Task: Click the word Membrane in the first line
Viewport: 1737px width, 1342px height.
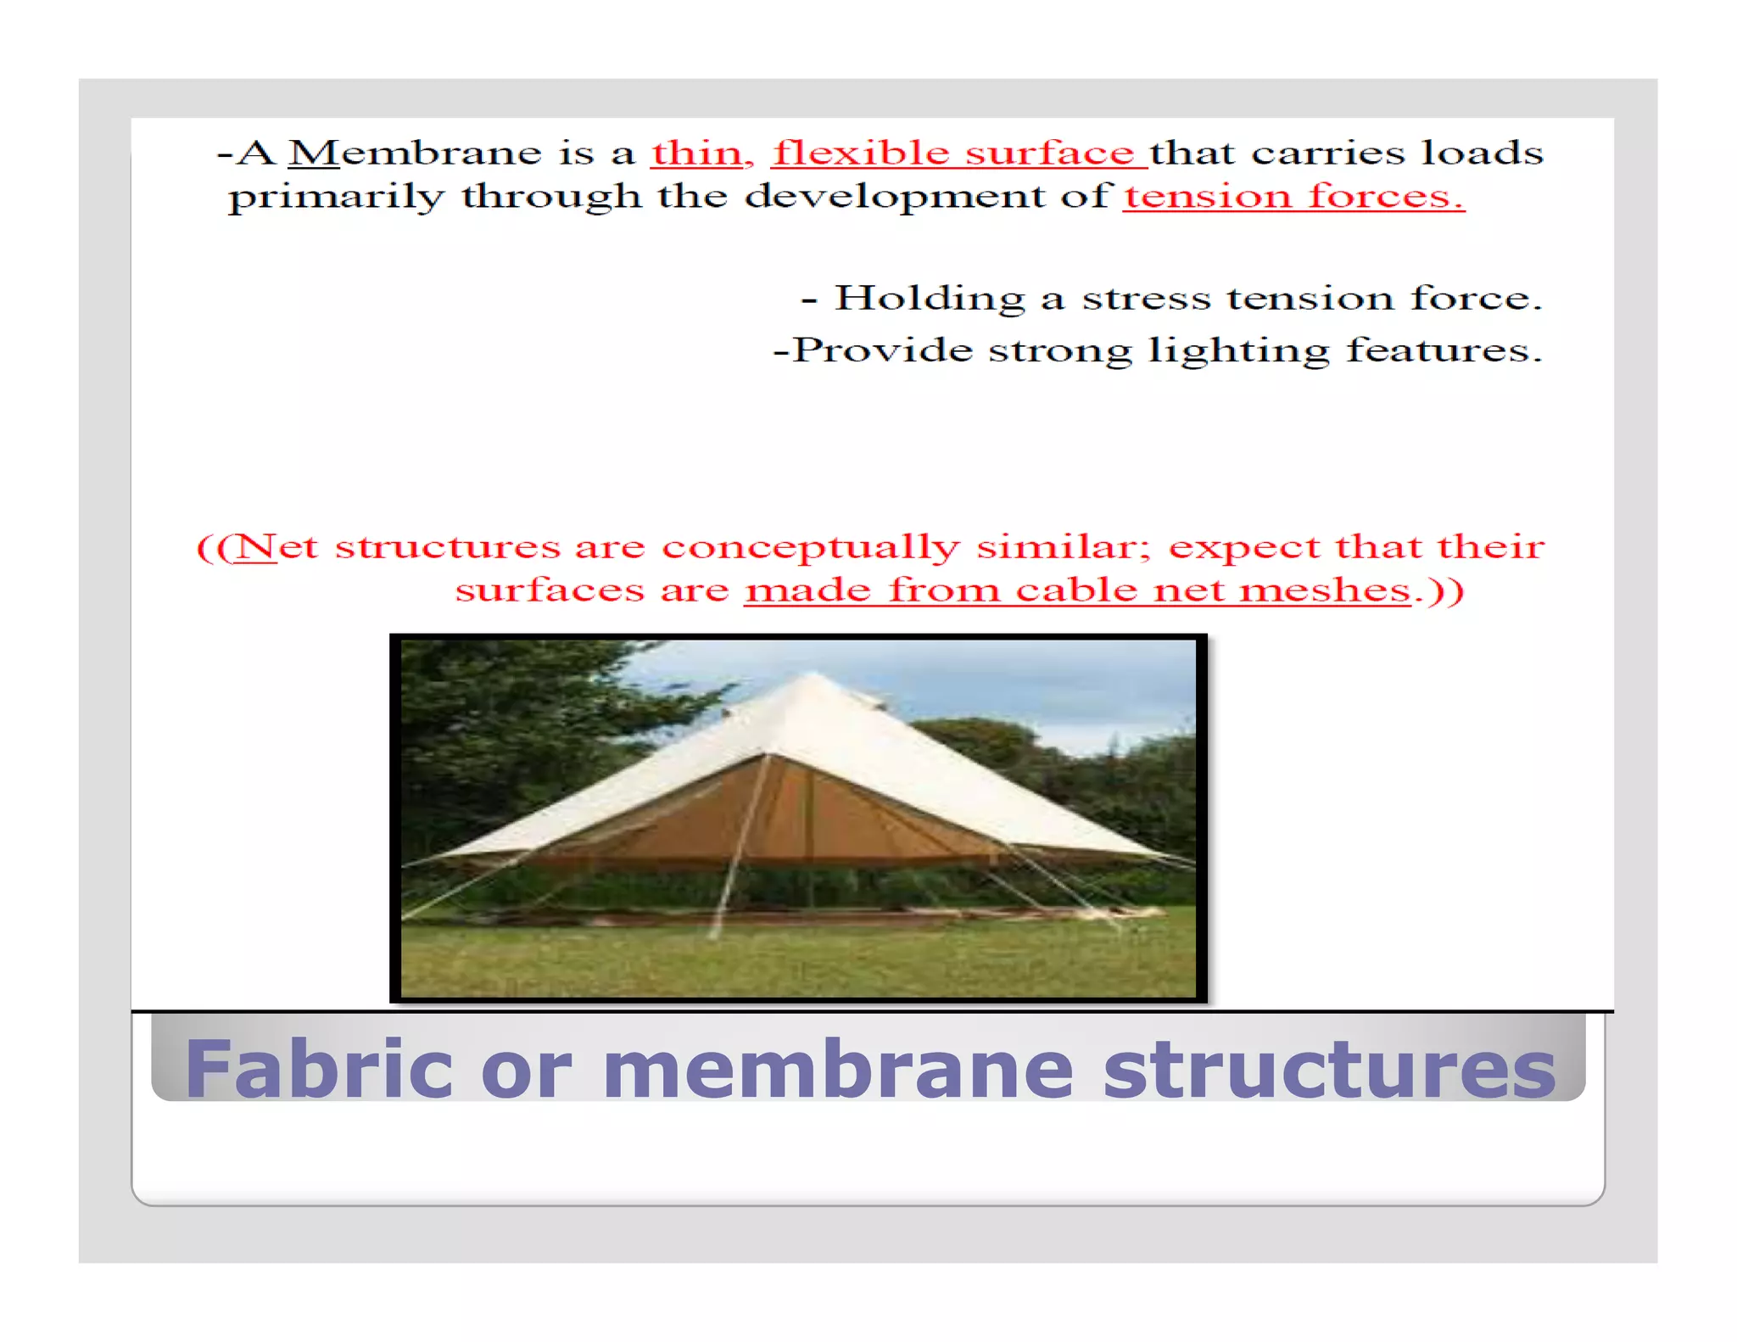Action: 415,153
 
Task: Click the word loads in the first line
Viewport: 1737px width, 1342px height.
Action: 1482,153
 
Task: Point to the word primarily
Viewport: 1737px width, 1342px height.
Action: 336,198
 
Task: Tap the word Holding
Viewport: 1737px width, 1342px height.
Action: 930,299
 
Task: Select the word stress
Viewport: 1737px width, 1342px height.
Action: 1146,299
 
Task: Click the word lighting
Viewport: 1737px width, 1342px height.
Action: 1238,350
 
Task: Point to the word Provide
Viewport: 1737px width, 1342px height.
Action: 882,349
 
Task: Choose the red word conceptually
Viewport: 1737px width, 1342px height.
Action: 810,548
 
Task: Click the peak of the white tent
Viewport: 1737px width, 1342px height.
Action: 812,675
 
